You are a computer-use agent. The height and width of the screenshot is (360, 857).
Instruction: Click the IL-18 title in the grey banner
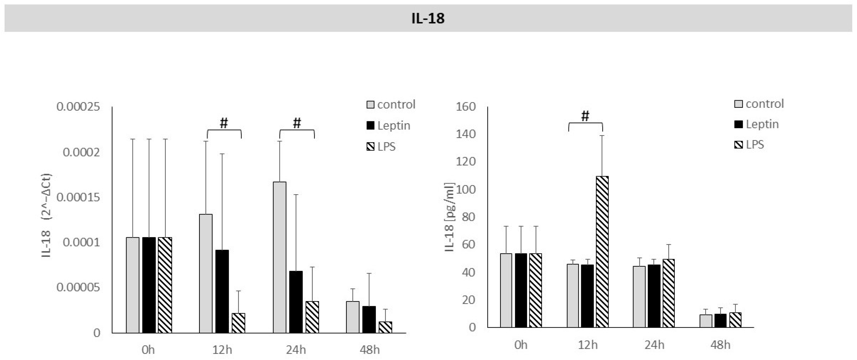(x=428, y=18)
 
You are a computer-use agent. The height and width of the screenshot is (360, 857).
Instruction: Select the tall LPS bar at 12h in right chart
(x=602, y=251)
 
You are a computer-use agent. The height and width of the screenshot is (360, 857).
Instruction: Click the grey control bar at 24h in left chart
(x=279, y=257)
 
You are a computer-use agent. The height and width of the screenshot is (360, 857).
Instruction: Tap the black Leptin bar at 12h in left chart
(x=222, y=291)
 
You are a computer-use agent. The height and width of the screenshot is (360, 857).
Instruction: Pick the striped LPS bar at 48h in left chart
(x=385, y=327)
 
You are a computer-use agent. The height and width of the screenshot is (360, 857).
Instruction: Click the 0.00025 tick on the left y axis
(x=78, y=107)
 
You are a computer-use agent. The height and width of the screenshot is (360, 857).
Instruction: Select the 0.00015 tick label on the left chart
(x=78, y=197)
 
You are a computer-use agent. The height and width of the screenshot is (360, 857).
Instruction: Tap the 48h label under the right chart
(x=720, y=345)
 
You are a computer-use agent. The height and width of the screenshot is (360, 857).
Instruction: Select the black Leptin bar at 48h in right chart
(x=720, y=320)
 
